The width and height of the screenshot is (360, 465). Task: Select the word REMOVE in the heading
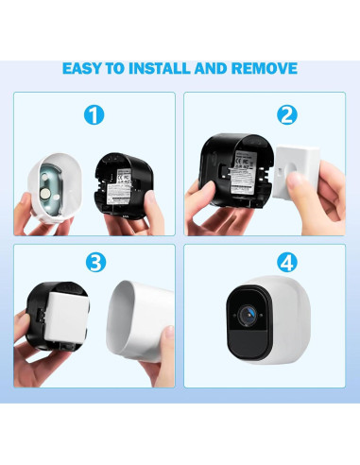266,69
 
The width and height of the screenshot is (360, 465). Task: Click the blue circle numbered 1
93,115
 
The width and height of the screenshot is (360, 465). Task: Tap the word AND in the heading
218,69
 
